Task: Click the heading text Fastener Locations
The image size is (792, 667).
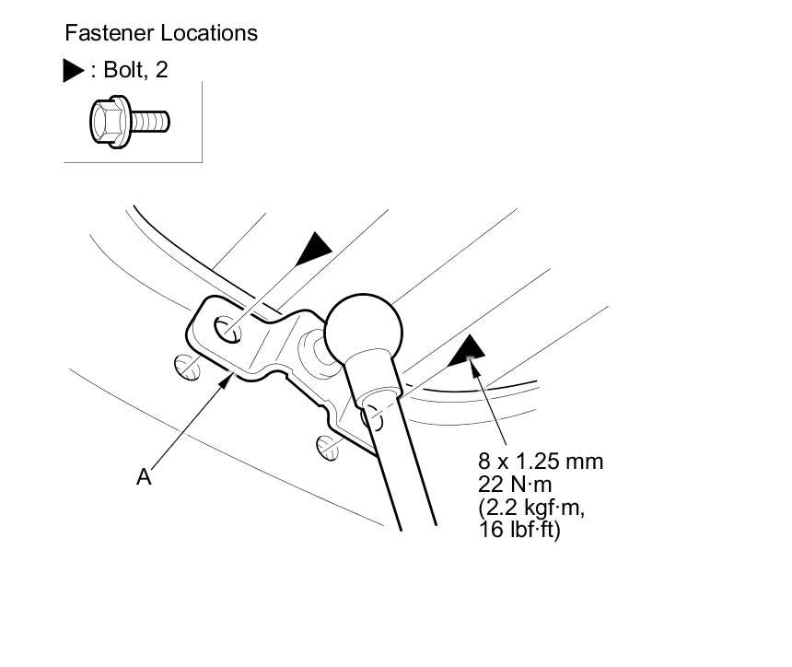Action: click(x=161, y=33)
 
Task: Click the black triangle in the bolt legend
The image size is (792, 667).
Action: click(x=74, y=71)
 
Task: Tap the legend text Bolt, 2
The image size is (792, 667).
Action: click(x=134, y=70)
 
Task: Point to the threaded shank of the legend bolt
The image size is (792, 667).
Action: click(x=153, y=121)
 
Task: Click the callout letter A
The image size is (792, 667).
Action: click(x=144, y=476)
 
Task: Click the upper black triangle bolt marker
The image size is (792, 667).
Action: click(x=315, y=246)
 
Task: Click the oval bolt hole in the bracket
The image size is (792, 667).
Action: click(x=226, y=327)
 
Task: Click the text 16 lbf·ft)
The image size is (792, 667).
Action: click(x=520, y=531)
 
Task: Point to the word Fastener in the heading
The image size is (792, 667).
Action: click(x=110, y=33)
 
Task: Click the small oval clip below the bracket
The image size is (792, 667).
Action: click(x=329, y=447)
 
